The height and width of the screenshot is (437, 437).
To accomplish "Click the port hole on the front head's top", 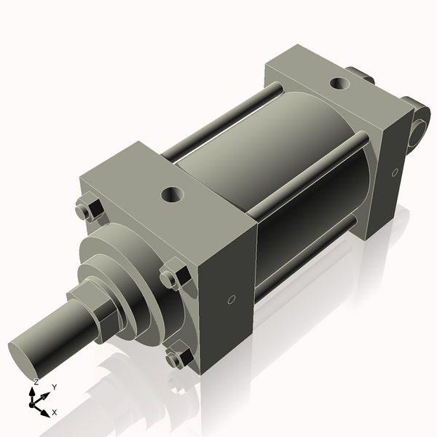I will coord(173,194).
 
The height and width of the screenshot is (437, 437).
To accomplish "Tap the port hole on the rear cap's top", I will coord(340,83).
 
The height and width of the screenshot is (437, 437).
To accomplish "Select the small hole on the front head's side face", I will coord(231,299).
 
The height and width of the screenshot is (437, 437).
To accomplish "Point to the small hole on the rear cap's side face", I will coord(395,173).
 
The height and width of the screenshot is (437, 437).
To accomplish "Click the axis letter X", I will coord(55,412).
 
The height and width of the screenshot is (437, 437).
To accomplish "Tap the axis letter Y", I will coord(54,387).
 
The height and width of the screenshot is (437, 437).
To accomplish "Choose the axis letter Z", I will coord(36,382).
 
